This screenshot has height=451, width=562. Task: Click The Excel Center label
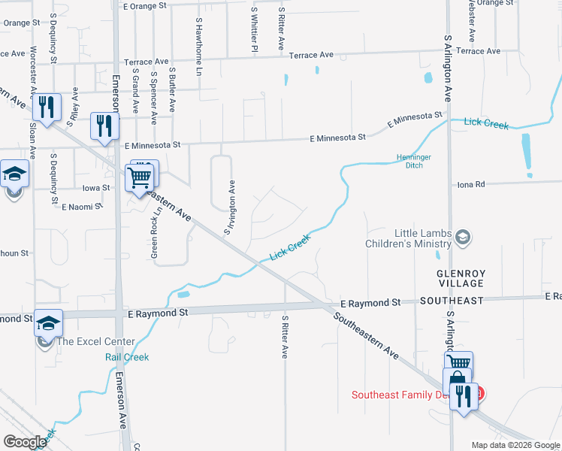point(96,341)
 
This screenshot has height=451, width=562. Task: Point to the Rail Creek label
point(127,358)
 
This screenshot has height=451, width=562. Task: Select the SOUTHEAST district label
point(452,301)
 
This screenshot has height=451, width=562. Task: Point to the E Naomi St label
point(81,205)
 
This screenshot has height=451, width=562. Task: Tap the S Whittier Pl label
point(255,30)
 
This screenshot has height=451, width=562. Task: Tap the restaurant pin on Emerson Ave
point(104,126)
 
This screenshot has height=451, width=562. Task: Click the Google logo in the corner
point(26,442)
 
